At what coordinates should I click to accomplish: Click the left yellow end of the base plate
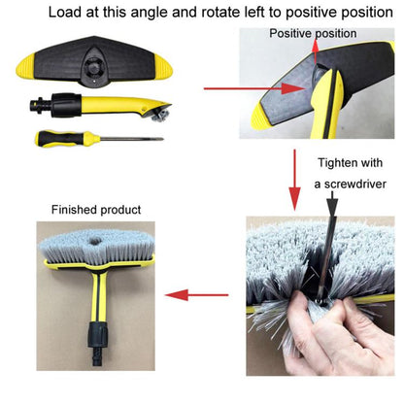click(x=28, y=70)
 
